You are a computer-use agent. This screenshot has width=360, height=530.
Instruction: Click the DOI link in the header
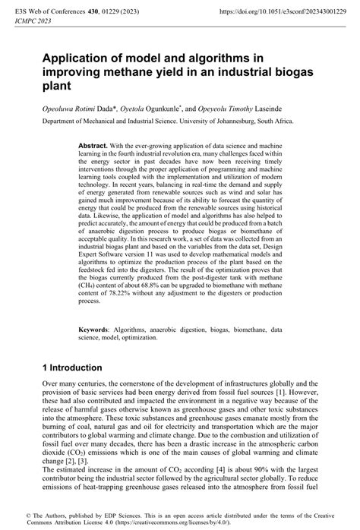(276, 12)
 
